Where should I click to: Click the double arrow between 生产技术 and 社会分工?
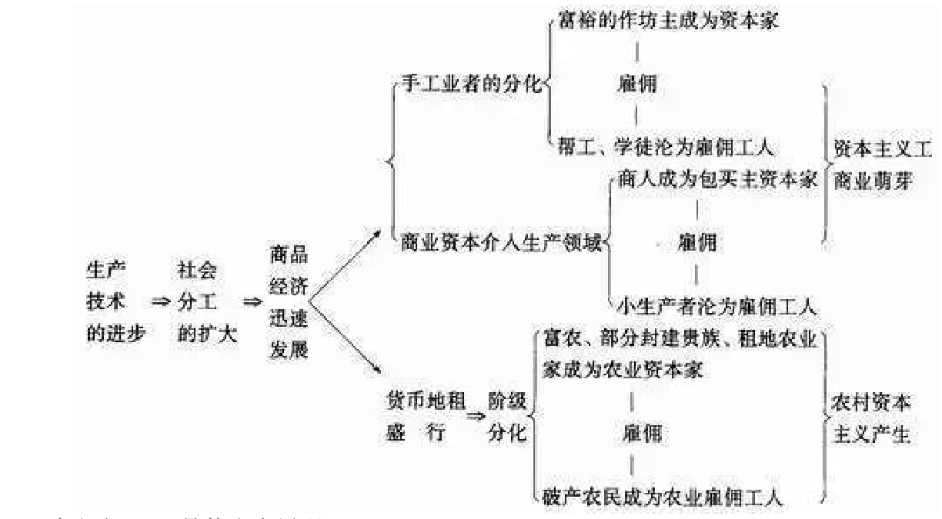160,302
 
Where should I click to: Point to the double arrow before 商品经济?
252,302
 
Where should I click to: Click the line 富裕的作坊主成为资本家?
666,21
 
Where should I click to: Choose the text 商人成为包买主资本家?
717,180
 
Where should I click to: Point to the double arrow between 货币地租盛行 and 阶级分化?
474,417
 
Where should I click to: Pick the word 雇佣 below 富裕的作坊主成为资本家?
637,83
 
